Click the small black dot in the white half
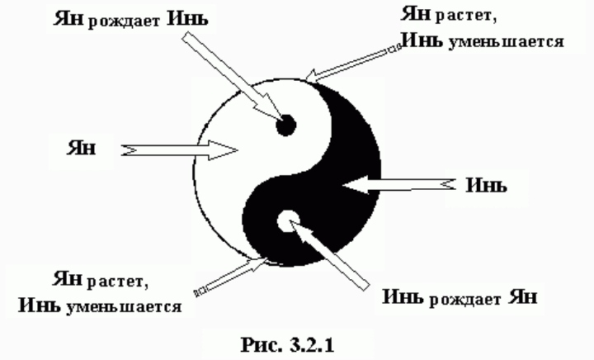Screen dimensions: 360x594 [x=285, y=126]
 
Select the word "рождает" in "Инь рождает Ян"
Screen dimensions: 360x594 [x=464, y=299]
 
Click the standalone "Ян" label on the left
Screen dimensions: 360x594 [x=84, y=149]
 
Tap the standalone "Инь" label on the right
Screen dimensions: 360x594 [x=486, y=184]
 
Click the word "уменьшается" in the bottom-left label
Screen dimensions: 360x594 [x=138, y=306]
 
